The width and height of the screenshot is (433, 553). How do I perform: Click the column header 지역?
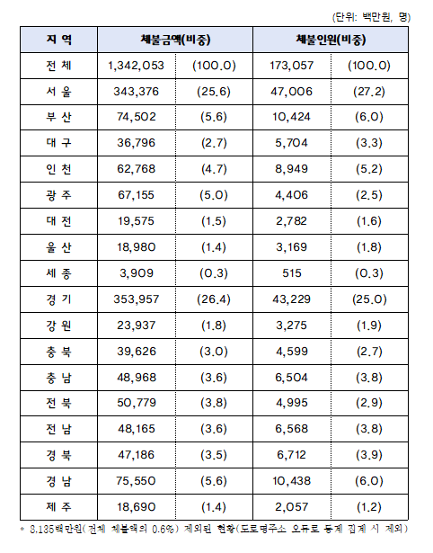click(58, 40)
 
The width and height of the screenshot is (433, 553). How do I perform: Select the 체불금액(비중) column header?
click(177, 40)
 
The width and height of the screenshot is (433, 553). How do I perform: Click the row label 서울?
click(58, 91)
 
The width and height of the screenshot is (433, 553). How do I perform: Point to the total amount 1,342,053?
click(135, 66)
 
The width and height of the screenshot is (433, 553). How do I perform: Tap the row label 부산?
click(58, 116)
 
